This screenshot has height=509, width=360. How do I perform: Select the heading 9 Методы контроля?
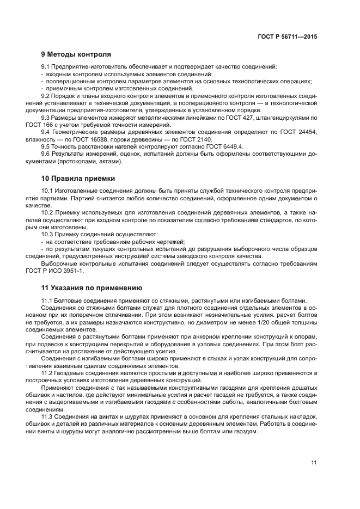(x=76, y=54)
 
